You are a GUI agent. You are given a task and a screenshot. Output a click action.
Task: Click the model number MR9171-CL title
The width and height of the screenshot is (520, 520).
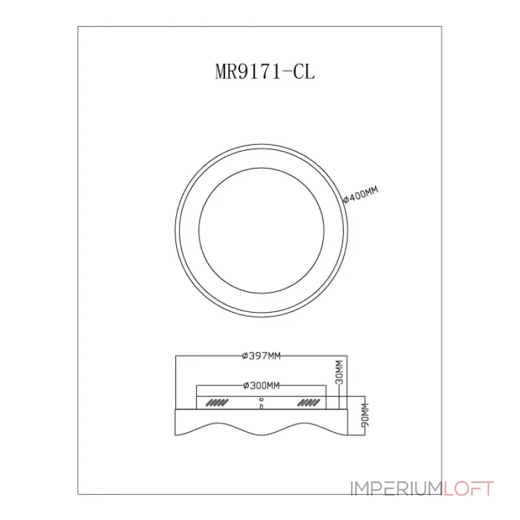tap(265, 71)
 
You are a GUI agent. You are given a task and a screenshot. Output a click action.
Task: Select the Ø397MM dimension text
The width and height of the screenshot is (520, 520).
tap(261, 356)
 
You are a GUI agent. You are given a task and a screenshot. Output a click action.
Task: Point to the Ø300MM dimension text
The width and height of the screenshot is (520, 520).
tap(261, 385)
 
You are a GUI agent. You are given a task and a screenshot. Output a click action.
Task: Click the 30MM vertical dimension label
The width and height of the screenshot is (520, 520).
tap(339, 372)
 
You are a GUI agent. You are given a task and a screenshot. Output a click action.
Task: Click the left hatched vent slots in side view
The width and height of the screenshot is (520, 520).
tap(217, 403)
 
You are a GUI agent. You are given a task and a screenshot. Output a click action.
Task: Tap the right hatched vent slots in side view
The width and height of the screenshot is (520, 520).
tap(308, 403)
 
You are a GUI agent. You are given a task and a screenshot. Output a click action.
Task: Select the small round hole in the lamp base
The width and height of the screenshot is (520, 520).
tap(261, 399)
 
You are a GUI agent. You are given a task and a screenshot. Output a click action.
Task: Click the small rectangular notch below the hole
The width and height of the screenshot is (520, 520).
tap(261, 407)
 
